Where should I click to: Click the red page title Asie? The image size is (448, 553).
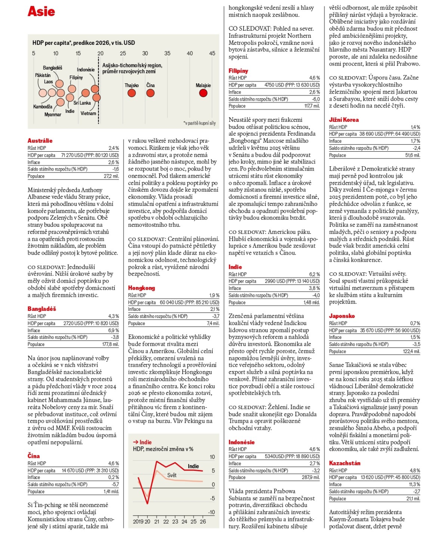(41, 11)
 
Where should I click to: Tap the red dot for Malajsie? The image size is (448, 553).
(203, 93)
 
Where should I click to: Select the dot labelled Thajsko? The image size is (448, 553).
(132, 93)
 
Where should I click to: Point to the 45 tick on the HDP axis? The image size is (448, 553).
(212, 53)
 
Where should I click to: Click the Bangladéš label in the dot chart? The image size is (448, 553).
(53, 68)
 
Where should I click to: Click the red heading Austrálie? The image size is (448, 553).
(40, 141)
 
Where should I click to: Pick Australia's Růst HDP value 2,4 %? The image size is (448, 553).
(114, 148)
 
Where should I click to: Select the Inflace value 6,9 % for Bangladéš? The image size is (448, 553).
(113, 331)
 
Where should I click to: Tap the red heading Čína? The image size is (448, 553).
(34, 456)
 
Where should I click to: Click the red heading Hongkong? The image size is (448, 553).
(141, 288)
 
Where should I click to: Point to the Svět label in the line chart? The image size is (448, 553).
(172, 475)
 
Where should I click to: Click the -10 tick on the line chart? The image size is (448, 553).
(211, 512)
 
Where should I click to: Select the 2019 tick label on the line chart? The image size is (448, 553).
(138, 522)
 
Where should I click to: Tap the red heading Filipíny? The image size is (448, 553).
(239, 71)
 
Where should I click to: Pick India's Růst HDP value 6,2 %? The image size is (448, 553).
(314, 274)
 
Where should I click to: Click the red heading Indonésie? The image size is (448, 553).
(242, 442)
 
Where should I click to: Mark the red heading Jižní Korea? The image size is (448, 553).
(344, 120)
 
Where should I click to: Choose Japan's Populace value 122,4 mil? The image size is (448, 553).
(411, 351)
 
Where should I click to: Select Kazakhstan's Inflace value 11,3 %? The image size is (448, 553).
(415, 485)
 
